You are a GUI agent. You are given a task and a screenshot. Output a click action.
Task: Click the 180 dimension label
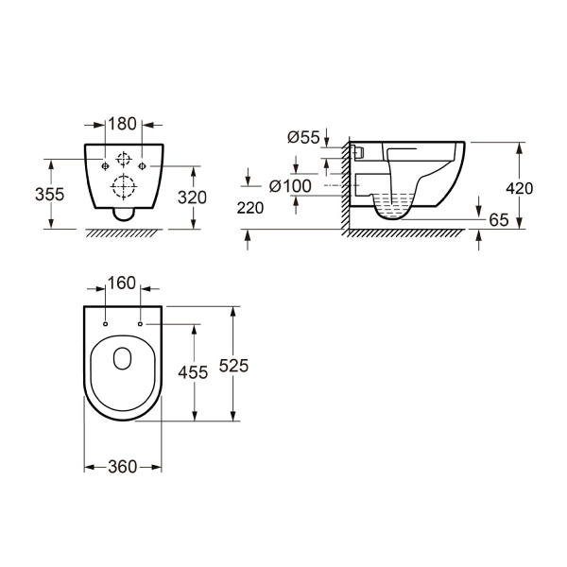click(122, 124)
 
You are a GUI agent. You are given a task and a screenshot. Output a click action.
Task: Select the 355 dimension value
click(49, 195)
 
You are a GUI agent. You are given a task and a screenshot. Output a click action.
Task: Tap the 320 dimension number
click(192, 198)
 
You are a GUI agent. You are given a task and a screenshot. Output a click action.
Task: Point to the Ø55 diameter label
click(303, 137)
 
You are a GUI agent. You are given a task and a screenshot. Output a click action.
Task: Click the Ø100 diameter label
click(290, 186)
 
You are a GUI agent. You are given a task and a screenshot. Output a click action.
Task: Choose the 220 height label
click(250, 208)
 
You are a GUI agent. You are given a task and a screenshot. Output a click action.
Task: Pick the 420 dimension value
click(519, 188)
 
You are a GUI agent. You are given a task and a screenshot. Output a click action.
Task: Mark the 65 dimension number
click(499, 220)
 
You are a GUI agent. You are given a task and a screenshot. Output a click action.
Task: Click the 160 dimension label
click(122, 283)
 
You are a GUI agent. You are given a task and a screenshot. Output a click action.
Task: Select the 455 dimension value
click(193, 372)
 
